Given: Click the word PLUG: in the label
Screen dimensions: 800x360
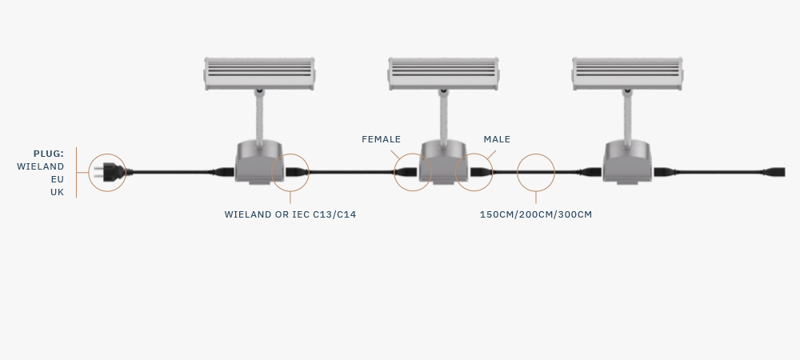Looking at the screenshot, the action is point(49,154).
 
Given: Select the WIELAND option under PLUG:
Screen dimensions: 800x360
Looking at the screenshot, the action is point(40,166).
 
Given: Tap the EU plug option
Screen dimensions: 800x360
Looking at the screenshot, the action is point(57,179).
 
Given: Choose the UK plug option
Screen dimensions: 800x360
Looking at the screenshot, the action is point(57,192).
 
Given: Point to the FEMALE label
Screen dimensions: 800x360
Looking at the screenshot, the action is point(381,139).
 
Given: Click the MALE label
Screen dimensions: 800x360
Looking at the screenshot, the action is point(497,139).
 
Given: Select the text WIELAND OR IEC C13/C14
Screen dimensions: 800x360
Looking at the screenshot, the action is point(290,214).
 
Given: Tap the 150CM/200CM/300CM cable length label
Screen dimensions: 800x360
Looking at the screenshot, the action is point(536,214).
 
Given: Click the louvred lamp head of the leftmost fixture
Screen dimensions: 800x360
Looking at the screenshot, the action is point(259,74).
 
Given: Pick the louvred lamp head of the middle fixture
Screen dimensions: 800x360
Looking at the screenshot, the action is point(443,74).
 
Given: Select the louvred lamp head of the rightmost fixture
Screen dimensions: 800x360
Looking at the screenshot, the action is point(627,74).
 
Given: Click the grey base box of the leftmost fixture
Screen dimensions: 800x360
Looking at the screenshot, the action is point(259,162).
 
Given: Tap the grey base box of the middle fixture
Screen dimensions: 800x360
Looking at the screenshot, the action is point(443,162).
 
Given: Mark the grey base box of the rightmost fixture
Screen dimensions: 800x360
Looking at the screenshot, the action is point(627,162).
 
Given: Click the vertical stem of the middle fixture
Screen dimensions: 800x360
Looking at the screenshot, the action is point(443,118).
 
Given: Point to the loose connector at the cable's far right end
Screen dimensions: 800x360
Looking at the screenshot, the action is point(774,172).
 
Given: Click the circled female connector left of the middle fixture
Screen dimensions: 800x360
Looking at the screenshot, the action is point(406,172).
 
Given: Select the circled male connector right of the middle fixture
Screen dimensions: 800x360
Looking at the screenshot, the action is point(481,172).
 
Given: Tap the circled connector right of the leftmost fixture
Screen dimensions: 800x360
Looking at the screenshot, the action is point(297,172).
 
